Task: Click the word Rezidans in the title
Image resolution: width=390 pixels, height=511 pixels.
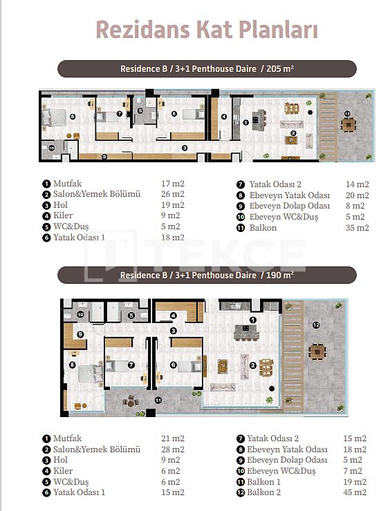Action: (142, 30)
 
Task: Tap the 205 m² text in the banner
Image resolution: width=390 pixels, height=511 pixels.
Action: (279, 69)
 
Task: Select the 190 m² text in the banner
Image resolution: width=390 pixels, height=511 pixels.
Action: (279, 275)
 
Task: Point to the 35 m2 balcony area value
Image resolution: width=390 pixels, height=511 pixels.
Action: (357, 228)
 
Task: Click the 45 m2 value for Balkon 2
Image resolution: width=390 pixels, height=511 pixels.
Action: (355, 492)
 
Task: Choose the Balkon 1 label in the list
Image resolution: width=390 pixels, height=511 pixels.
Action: (263, 482)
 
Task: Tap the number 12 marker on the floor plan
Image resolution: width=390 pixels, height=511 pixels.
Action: (315, 325)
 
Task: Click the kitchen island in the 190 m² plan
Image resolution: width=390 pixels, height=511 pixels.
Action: (246, 332)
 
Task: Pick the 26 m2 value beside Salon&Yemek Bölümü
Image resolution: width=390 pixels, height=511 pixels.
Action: (173, 194)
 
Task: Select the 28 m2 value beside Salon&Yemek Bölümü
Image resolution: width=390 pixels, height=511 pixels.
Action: (173, 450)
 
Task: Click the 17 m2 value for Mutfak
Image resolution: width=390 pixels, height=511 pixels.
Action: (173, 184)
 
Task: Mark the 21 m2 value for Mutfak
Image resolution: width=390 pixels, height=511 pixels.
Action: (173, 438)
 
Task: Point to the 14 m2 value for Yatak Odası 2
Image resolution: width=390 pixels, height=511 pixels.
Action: (357, 184)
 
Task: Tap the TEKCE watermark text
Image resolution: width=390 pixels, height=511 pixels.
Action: (225, 255)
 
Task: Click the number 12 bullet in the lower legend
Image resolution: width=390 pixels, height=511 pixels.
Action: (241, 492)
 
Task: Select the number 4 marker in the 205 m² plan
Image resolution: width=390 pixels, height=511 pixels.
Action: (224, 116)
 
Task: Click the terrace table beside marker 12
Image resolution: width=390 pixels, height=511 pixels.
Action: (317, 351)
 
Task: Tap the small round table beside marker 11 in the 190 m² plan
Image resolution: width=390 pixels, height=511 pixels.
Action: (131, 401)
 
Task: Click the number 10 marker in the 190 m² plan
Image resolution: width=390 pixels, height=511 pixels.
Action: (80, 314)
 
